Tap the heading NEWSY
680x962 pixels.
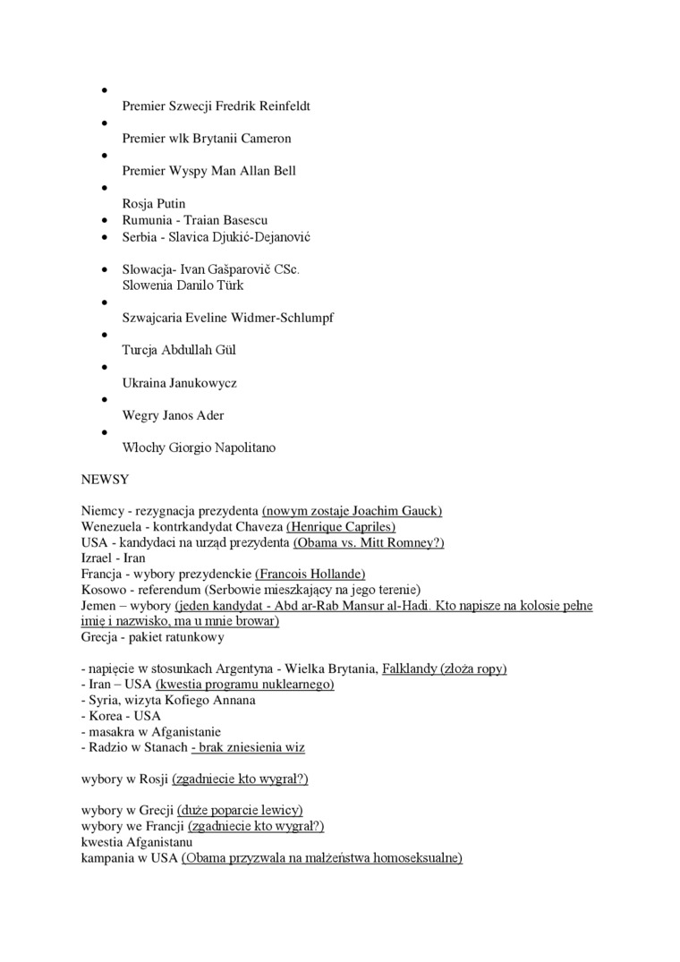coord(105,479)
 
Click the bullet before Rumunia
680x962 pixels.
coord(106,220)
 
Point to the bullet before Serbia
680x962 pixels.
coord(106,237)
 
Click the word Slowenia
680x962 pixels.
coord(149,285)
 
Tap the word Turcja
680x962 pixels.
coord(141,350)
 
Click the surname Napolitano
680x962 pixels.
coord(242,447)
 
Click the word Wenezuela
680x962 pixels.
coord(114,527)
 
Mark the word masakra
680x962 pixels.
coord(113,731)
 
